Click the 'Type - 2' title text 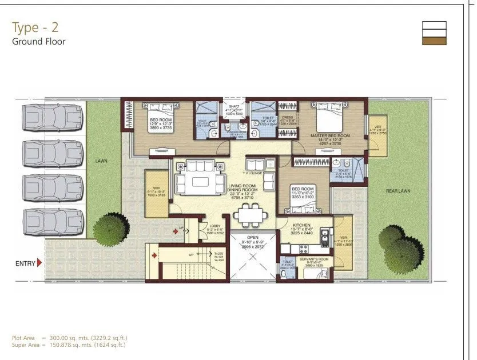click(x=35, y=27)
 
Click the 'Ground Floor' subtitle click(x=38, y=41)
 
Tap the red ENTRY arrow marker click(x=39, y=263)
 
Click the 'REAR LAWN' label click(x=398, y=191)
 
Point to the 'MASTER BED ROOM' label click(x=330, y=136)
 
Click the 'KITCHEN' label click(x=301, y=226)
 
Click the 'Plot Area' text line click(x=69, y=338)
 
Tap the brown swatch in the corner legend click(x=434, y=40)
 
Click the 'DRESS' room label click(x=287, y=117)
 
